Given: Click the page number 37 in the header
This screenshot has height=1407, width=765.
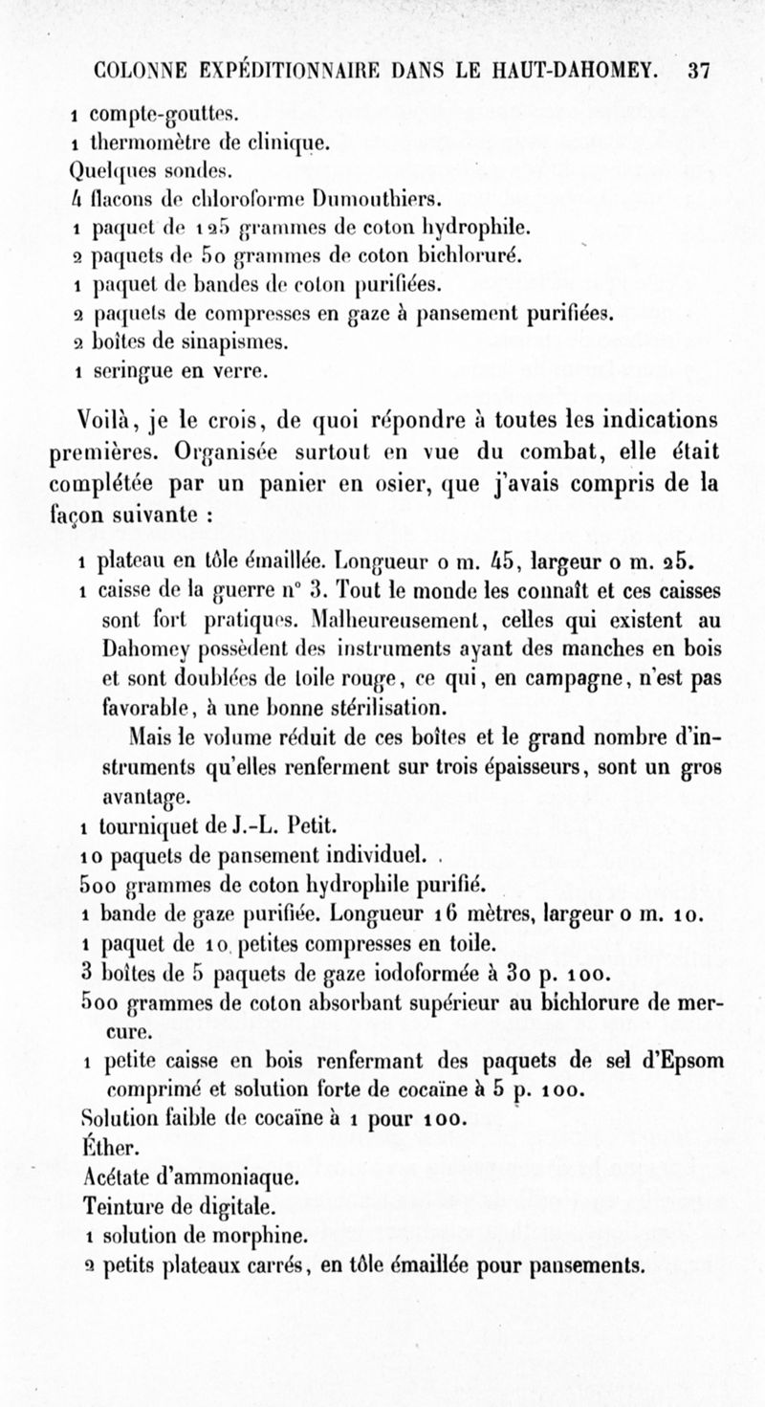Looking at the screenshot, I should click(698, 71).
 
